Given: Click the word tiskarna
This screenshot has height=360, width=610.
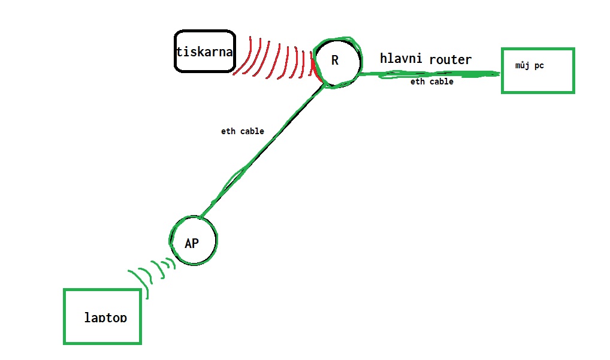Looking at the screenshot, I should click(x=204, y=51).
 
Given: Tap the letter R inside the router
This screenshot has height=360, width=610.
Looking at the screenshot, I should click(x=335, y=60).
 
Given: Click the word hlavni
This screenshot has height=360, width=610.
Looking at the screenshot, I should click(x=401, y=58).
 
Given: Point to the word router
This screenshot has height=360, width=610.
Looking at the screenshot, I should click(x=450, y=59).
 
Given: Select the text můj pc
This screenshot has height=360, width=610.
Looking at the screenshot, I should click(x=529, y=65).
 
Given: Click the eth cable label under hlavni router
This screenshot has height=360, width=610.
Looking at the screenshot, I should click(x=431, y=81).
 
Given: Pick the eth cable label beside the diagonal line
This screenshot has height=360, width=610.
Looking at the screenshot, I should click(x=242, y=131).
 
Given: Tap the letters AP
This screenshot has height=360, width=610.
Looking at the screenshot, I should click(x=191, y=243).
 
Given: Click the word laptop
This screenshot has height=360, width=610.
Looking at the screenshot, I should click(x=105, y=317).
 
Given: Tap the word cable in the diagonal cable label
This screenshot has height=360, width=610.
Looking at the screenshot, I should click(x=252, y=131).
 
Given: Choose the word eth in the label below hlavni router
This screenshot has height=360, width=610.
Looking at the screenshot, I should click(x=417, y=81).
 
